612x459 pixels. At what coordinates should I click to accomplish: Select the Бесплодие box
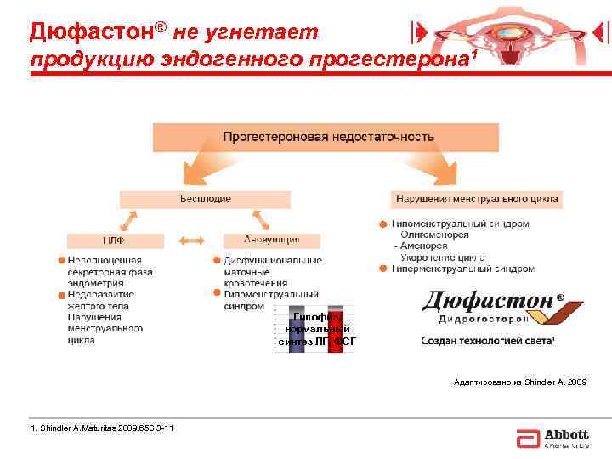pyautogui.click(x=205, y=199)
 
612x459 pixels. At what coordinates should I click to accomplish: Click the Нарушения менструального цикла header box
pyautogui.click(x=477, y=199)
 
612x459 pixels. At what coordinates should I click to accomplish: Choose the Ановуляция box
pyautogui.click(x=273, y=241)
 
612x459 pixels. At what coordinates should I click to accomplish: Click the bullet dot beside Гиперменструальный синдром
pyautogui.click(x=384, y=269)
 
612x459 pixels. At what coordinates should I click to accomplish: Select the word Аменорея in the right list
pyautogui.click(x=425, y=246)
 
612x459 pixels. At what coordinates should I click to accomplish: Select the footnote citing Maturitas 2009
pyautogui.click(x=102, y=428)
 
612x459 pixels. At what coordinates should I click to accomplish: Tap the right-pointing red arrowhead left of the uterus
pyautogui.click(x=417, y=32)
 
